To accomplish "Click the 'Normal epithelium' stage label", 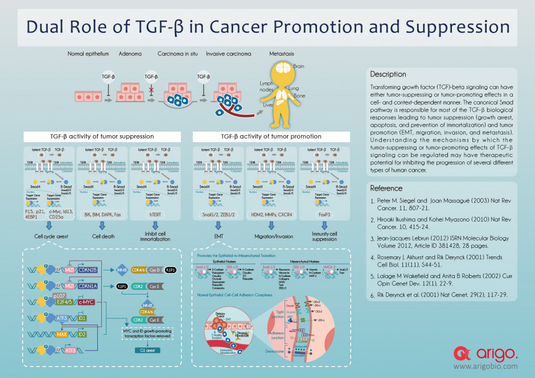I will pyautogui.click(x=88, y=55).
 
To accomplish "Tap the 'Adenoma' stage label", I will pyautogui.click(x=129, y=55).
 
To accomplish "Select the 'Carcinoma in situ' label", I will pyautogui.click(x=178, y=55).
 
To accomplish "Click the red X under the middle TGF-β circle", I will pyautogui.click(x=151, y=90).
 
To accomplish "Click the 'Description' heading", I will pyautogui.click(x=388, y=74).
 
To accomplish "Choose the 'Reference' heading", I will pyautogui.click(x=386, y=188).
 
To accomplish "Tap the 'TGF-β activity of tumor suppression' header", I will pyautogui.click(x=102, y=137).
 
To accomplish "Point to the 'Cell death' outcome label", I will pyautogui.click(x=102, y=236).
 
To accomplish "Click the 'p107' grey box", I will pyautogui.click(x=59, y=296).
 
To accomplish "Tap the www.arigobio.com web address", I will pyautogui.click(x=485, y=368).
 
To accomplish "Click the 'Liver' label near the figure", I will pyautogui.click(x=268, y=105).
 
